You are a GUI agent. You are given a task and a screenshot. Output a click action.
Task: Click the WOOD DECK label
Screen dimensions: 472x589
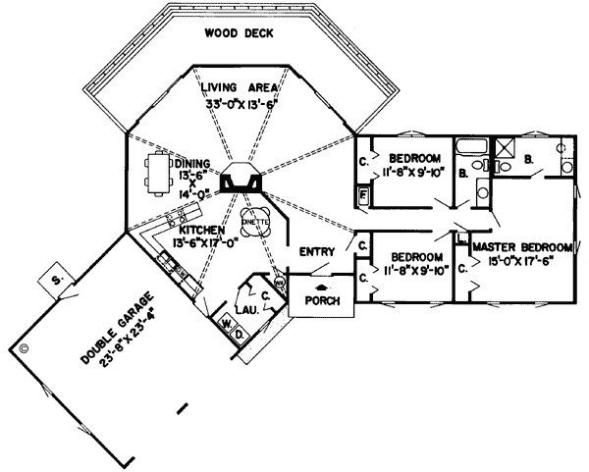[x=239, y=33]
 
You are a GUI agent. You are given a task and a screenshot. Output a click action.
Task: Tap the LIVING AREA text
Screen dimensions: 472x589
[x=240, y=87]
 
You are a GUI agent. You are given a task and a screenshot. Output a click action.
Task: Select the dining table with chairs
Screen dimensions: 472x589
[x=160, y=173]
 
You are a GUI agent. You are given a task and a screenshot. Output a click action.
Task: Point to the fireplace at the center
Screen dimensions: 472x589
[x=241, y=182]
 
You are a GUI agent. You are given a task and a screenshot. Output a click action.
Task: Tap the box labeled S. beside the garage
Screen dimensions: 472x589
[x=57, y=282]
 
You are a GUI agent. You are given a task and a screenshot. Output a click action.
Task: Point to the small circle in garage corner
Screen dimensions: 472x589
[x=23, y=346]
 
